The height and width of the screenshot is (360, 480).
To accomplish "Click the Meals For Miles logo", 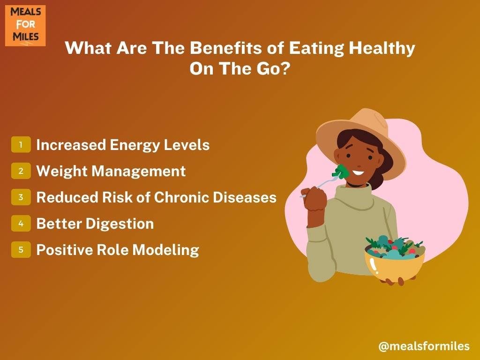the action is click(x=25, y=25).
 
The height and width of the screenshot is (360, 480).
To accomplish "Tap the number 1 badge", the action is click(x=21, y=144).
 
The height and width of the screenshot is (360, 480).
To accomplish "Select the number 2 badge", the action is click(x=21, y=171).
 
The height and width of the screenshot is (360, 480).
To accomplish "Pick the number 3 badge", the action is click(x=21, y=197).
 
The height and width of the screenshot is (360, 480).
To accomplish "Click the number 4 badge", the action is click(x=21, y=224).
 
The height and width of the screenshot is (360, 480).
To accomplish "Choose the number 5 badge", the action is click(x=21, y=249).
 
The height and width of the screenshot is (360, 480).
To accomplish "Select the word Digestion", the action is click(x=120, y=224).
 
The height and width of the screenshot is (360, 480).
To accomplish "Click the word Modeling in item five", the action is click(x=165, y=250).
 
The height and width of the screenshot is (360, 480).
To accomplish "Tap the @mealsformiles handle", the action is click(x=424, y=346).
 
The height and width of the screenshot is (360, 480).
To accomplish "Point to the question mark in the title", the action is click(x=285, y=68).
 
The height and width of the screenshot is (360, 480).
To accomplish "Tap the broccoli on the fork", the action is click(x=341, y=172).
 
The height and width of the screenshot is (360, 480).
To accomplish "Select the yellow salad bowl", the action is click(x=394, y=263).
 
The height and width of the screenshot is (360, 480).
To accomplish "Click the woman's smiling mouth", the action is click(x=358, y=172).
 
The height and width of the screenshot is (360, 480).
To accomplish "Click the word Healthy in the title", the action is click(x=382, y=49).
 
